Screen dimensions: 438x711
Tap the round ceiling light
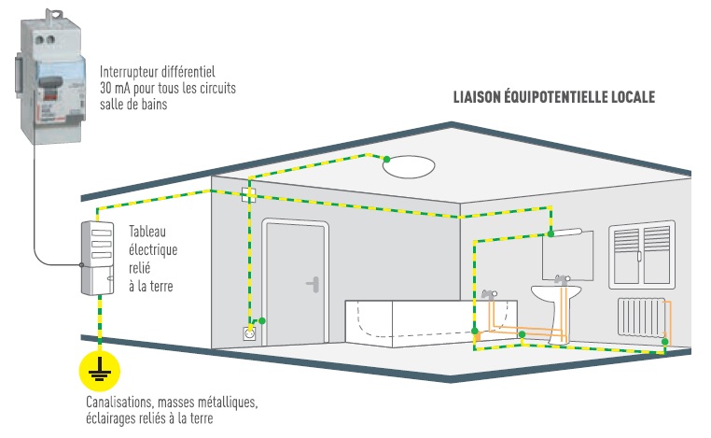tap(409, 167)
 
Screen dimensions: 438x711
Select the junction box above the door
tap(248, 195)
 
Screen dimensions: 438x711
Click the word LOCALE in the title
tap(632, 96)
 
